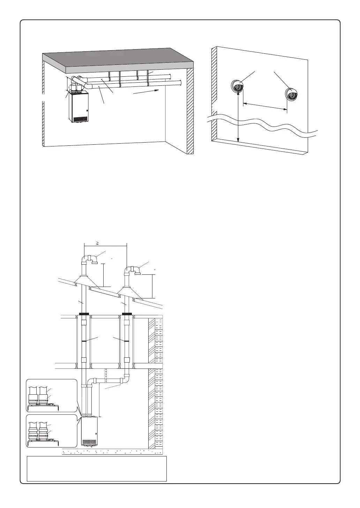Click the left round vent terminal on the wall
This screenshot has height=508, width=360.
(x=237, y=86)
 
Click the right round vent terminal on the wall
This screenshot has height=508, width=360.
(x=292, y=94)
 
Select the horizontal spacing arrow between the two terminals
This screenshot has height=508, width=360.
(x=265, y=106)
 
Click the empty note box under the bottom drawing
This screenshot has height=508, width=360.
(x=97, y=468)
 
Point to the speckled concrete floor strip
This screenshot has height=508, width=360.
(x=112, y=452)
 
